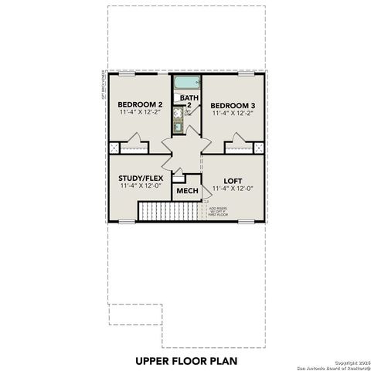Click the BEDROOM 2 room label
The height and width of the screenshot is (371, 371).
click(139, 104)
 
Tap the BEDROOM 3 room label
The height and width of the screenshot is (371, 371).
click(233, 104)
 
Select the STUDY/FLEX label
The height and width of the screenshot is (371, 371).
click(140, 178)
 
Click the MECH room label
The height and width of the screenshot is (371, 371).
click(186, 191)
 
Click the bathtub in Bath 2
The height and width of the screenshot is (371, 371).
click(186, 83)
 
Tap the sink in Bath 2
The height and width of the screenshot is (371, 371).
click(178, 128)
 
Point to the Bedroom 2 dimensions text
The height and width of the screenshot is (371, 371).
click(139, 113)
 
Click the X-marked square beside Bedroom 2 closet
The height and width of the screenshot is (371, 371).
click(114, 147)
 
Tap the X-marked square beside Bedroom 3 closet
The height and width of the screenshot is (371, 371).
click(259, 147)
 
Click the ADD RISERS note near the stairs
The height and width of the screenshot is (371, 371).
click(217, 211)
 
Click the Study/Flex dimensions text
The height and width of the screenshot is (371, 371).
click(140, 186)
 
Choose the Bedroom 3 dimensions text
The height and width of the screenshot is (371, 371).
click(233, 113)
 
